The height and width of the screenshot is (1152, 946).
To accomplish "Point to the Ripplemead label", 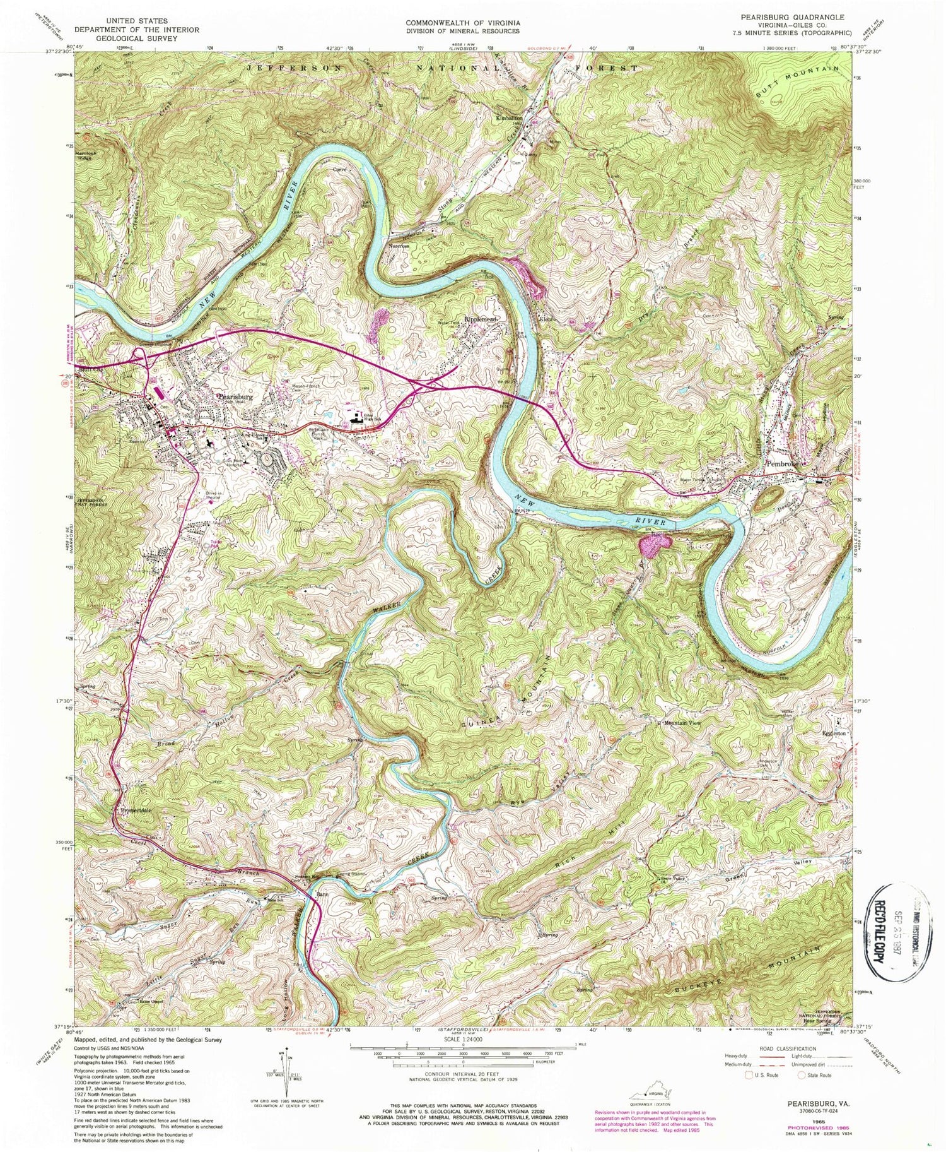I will [481, 320].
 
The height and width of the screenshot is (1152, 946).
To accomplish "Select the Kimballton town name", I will [510, 118].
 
